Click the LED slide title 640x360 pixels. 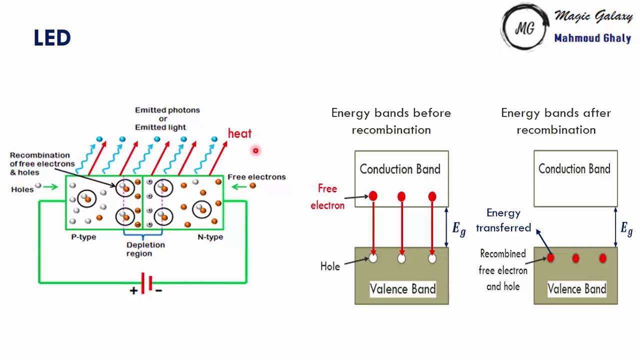52,38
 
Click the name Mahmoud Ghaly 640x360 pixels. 592,38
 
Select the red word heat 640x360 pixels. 239,133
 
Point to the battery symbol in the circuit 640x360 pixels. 145,283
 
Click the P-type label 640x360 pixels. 83,237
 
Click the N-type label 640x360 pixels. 210,237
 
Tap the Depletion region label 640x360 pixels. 145,249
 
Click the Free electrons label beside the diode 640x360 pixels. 256,177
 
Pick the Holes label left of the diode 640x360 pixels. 22,189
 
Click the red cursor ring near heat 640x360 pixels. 255,150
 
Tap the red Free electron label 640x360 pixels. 327,196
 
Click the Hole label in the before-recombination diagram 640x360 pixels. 330,266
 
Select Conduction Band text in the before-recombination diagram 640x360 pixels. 400,169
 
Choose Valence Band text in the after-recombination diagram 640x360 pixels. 576,289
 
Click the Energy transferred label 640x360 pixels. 503,220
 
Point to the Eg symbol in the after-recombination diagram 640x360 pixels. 626,228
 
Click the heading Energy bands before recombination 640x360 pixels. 391,121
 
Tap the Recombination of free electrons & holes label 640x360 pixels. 42,163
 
